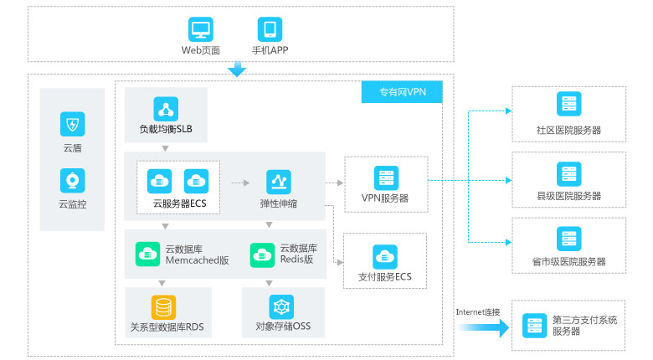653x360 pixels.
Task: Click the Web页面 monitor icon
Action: (201, 29)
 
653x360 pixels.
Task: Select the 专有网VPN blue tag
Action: (403, 92)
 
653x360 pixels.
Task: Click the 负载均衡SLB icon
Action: (166, 109)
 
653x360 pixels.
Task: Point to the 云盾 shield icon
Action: (73, 125)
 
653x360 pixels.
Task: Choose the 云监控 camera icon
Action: (73, 179)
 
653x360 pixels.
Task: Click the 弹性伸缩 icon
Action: (278, 181)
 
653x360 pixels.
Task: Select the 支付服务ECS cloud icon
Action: (385, 256)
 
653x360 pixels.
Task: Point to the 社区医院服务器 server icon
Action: (568, 105)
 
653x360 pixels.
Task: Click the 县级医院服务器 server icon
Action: (568, 173)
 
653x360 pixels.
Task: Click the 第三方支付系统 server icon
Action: (534, 325)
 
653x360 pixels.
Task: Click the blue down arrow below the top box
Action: (237, 69)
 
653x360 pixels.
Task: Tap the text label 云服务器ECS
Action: (179, 203)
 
